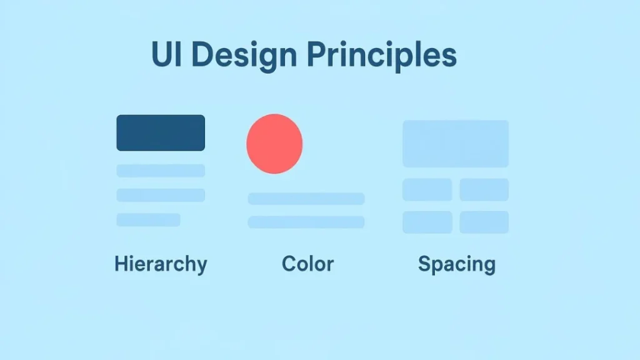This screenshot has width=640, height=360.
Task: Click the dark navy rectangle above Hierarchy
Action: coord(161,132)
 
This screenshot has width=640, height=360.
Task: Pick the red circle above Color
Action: coord(274,144)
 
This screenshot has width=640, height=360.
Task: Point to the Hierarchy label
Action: coord(161,264)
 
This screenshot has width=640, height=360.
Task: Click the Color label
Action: coord(307,263)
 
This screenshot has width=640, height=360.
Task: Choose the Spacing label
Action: coord(456,264)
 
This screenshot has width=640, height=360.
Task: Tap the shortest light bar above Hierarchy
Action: coord(148,219)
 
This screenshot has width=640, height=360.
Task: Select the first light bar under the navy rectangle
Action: coord(161,171)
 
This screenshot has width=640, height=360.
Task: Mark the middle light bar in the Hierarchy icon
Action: coord(161,195)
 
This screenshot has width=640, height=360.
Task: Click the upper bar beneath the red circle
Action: coord(306,199)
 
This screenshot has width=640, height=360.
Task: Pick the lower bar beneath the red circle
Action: coord(306,222)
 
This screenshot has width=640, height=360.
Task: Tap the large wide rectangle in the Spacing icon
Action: coord(456,144)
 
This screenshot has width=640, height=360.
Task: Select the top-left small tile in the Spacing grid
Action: coord(427,189)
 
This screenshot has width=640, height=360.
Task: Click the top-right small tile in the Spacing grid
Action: coord(484,189)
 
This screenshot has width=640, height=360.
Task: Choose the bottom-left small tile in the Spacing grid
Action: coord(427,222)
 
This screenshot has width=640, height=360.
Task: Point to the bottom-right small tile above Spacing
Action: coord(484,222)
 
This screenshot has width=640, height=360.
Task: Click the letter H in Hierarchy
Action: coord(121,263)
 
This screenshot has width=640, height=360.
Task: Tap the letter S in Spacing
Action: coord(424,263)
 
